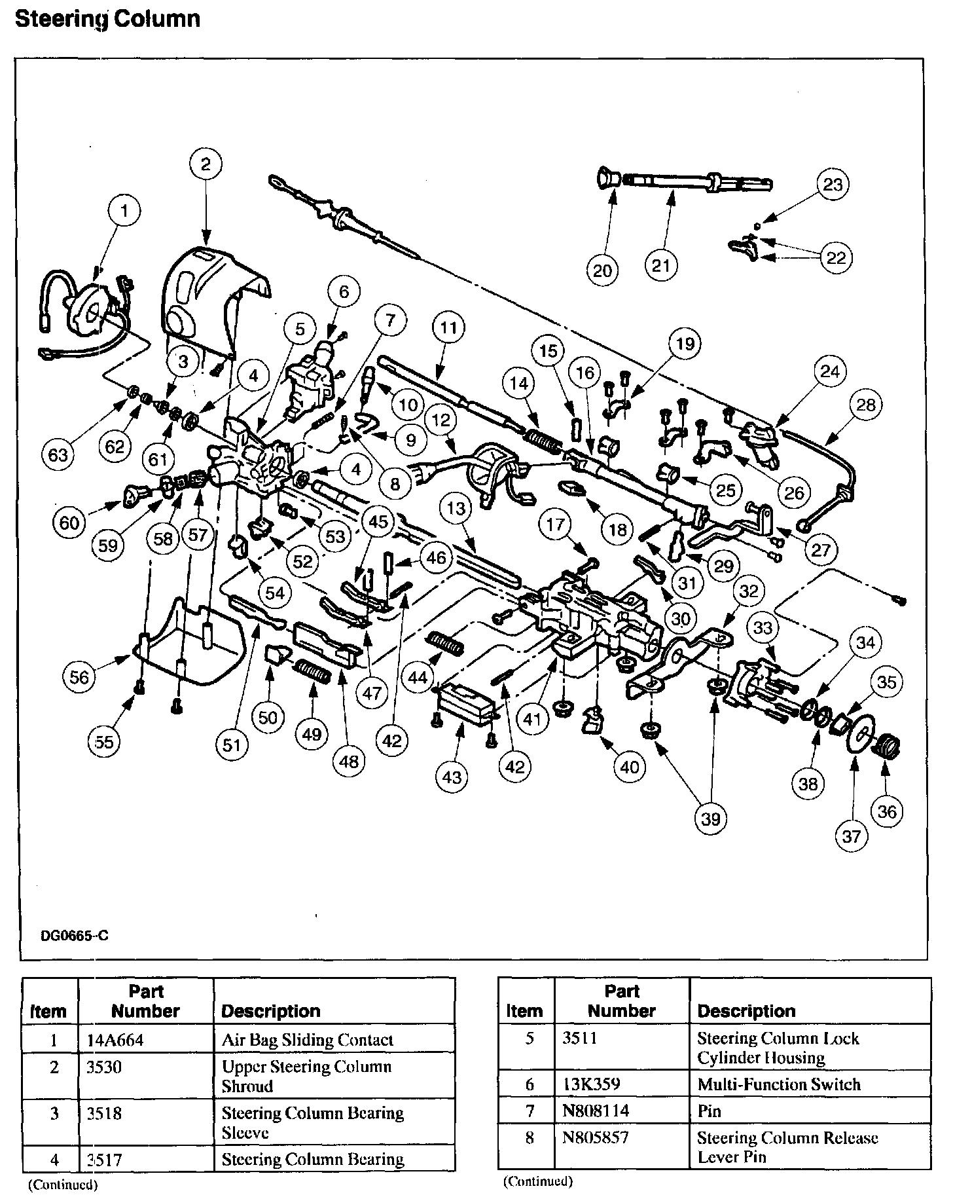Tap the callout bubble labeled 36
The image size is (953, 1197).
point(887,812)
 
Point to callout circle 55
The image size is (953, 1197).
point(104,741)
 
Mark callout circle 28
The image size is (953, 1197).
point(865,405)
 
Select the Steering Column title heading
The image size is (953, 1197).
point(107,19)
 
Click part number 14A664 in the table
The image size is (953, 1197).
point(111,1040)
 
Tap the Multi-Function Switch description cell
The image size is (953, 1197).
point(779,1084)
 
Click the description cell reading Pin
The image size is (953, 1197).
point(710,1111)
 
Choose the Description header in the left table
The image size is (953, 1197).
point(271,1012)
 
